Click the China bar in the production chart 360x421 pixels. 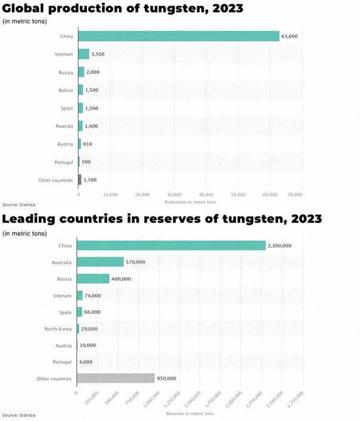point(179,36)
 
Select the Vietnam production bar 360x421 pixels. point(84,54)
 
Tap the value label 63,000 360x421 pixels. point(290,36)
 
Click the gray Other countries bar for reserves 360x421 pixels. point(116,378)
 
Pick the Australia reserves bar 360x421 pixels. point(100,262)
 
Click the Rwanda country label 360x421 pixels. point(65,126)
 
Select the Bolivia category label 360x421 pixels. point(66,90)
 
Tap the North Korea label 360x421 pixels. point(58,329)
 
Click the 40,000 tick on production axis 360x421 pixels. point(206,194)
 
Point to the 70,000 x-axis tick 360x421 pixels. point(294,194)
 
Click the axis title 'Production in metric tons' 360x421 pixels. point(190,202)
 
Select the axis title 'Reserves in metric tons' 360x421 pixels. point(190,413)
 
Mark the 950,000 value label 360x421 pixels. point(166,378)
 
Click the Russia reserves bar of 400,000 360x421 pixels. point(93,278)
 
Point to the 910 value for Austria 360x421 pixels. point(88,144)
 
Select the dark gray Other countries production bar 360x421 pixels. point(80,179)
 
